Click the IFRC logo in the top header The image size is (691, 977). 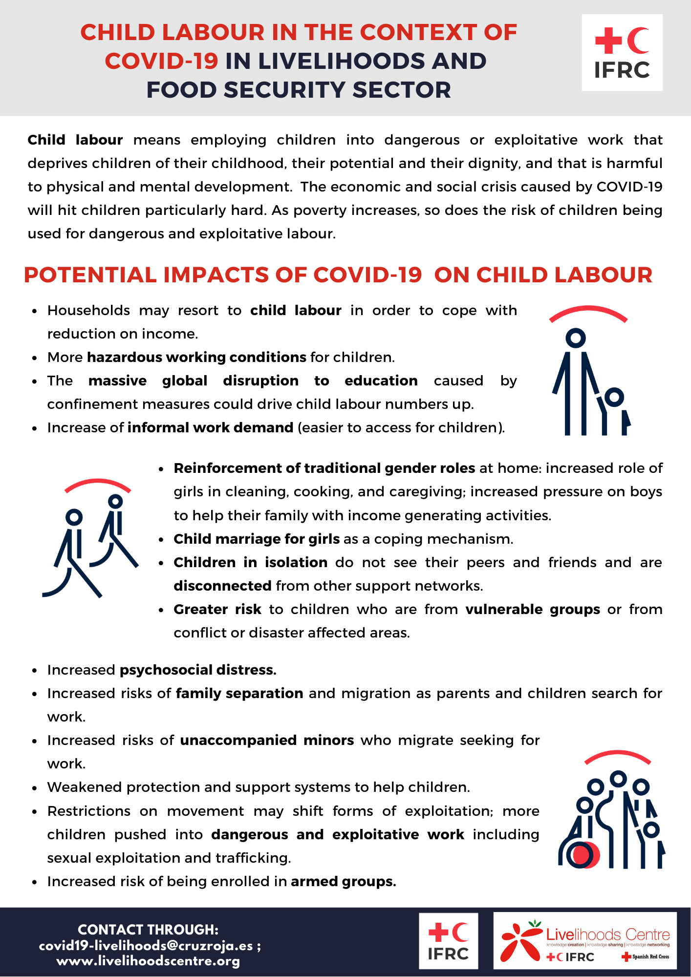tap(622, 53)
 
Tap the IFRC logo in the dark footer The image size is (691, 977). tap(448, 941)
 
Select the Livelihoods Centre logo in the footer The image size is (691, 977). tap(584, 940)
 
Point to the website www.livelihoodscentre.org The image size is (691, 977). tap(149, 961)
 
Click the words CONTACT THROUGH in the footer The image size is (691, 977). tap(148, 930)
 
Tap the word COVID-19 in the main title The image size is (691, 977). tap(161, 61)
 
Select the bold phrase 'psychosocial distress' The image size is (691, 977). tap(198, 670)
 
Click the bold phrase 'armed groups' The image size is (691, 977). tap(343, 881)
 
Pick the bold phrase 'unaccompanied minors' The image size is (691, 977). tap(267, 740)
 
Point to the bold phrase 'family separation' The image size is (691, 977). tap(239, 693)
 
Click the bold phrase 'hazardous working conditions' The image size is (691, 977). tap(196, 357)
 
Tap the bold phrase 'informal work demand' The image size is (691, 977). tap(210, 427)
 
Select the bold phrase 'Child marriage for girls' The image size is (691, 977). tap(257, 539)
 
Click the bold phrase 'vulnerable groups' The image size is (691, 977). tap(532, 609)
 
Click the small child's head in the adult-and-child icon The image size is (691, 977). tap(614, 397)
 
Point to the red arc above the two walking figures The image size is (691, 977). tap(98, 484)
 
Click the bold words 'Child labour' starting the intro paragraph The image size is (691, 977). tap(75, 140)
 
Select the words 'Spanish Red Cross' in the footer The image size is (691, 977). tap(650, 956)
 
